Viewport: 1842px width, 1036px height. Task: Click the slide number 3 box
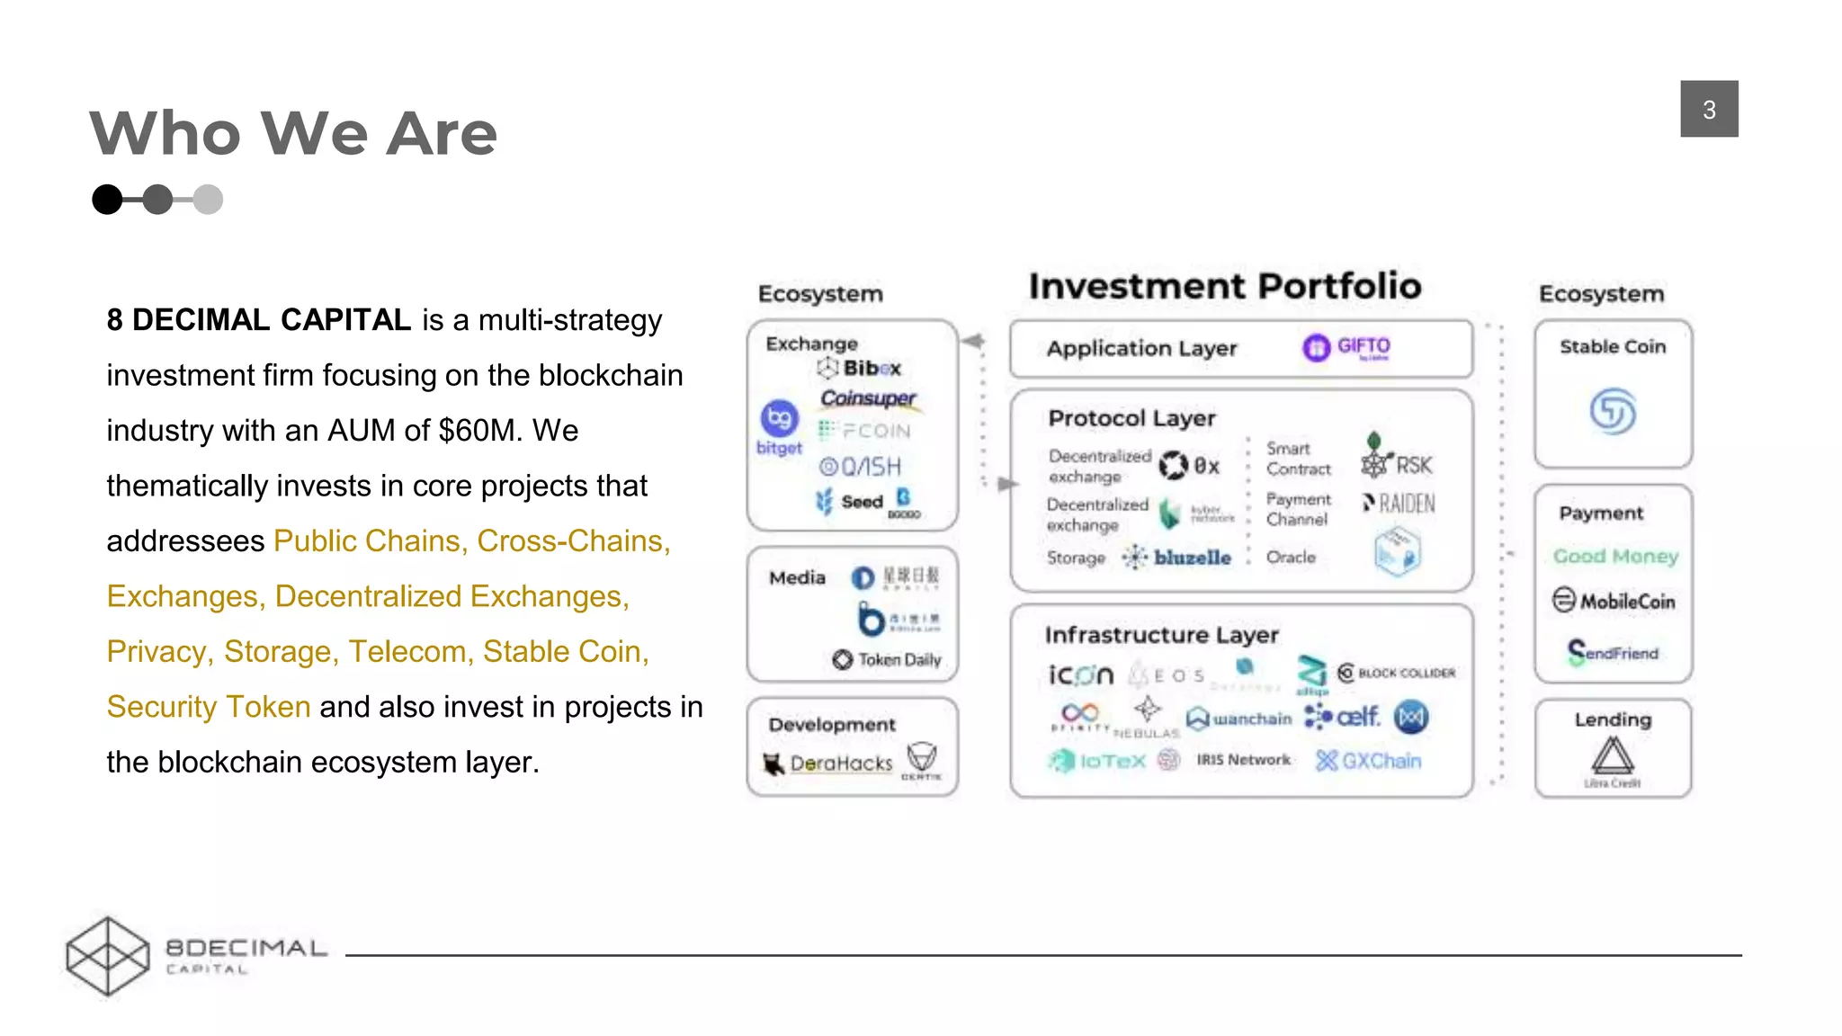[x=1708, y=109]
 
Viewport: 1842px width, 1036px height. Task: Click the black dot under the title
[x=107, y=199]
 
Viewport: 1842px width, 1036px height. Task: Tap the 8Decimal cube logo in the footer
[x=108, y=956]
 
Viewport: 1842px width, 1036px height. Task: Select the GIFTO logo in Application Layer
[x=1346, y=347]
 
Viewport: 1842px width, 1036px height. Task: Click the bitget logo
[x=780, y=427]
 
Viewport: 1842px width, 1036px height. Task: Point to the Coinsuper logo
[x=867, y=397]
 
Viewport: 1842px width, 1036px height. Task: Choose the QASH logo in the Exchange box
[x=860, y=467]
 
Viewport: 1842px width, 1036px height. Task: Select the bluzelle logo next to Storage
[x=1177, y=558]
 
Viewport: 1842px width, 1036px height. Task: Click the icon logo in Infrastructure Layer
[x=1081, y=674]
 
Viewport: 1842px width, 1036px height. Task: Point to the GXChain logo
[x=1369, y=761]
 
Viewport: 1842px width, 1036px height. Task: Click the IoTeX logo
[x=1097, y=762]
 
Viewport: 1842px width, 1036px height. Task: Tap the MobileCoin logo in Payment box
[x=1614, y=601]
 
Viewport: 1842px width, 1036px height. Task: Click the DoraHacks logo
[x=828, y=764]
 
